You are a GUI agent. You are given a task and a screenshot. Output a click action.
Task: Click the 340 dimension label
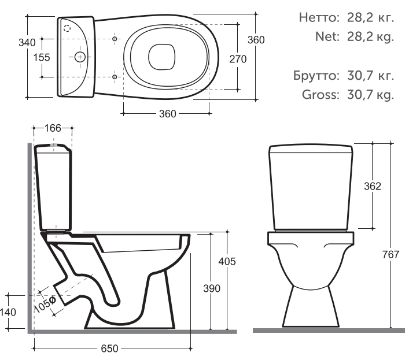click(27, 42)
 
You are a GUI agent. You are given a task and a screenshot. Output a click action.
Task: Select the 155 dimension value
click(42, 57)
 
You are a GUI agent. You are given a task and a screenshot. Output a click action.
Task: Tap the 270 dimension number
click(238, 59)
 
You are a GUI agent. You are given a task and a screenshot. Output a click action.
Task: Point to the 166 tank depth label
click(53, 128)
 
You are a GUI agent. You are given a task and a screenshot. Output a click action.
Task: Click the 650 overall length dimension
click(109, 348)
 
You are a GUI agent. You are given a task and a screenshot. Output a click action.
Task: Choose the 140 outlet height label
click(8, 312)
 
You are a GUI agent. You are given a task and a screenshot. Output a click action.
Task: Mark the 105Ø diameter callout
click(45, 305)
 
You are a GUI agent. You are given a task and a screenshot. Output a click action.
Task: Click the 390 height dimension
click(212, 288)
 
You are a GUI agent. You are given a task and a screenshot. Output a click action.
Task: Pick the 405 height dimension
click(227, 261)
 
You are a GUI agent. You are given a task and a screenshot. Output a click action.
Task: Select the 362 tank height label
click(373, 186)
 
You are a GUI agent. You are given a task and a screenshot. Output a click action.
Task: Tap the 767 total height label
click(390, 254)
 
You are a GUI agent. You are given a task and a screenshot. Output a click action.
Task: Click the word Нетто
click(319, 18)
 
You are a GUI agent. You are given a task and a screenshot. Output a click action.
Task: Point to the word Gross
click(321, 95)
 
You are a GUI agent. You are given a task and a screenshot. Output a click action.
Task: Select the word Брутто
click(316, 76)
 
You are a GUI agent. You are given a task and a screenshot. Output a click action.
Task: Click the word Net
click(327, 36)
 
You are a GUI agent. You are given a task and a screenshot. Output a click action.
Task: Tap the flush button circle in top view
click(80, 57)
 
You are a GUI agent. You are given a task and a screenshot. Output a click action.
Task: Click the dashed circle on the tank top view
click(67, 28)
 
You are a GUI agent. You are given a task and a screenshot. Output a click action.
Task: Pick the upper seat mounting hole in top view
click(115, 39)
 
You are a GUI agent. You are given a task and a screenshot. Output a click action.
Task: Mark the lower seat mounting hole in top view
click(115, 77)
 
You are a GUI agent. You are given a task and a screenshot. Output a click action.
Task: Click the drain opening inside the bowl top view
click(162, 57)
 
